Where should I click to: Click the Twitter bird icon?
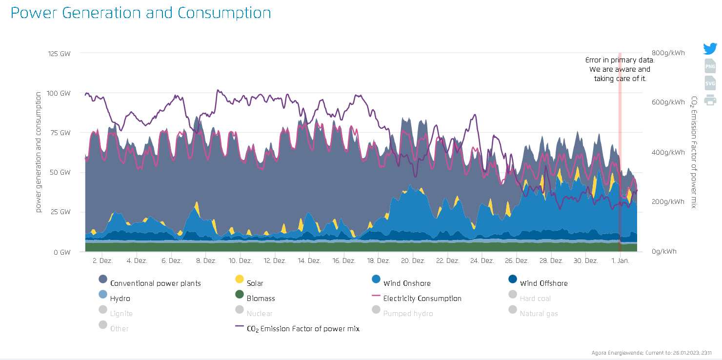pyautogui.click(x=710, y=49)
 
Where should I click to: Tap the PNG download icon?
pyautogui.click(x=710, y=66)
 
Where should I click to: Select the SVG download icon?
pyautogui.click(x=710, y=83)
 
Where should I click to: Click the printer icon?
pyautogui.click(x=710, y=100)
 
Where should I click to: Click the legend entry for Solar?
pyautogui.click(x=254, y=283)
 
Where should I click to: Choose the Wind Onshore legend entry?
pyautogui.click(x=406, y=283)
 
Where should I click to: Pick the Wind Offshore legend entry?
pyautogui.click(x=543, y=283)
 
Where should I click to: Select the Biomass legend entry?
pyautogui.click(x=260, y=299)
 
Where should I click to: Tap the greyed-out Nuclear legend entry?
pyautogui.click(x=259, y=314)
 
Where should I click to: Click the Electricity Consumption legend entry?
pyautogui.click(x=421, y=299)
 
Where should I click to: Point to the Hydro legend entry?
pyautogui.click(x=120, y=299)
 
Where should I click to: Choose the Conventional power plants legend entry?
pyautogui.click(x=155, y=283)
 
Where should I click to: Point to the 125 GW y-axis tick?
pyautogui.click(x=59, y=53)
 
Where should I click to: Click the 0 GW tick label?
pyautogui.click(x=61, y=252)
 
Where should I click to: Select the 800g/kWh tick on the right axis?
pyautogui.click(x=668, y=53)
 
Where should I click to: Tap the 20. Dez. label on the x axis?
pyautogui.click(x=412, y=261)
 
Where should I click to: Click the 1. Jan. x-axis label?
pyautogui.click(x=620, y=261)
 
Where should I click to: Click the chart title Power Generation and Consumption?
pyautogui.click(x=140, y=13)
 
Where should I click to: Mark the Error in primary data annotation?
pyautogui.click(x=620, y=69)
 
